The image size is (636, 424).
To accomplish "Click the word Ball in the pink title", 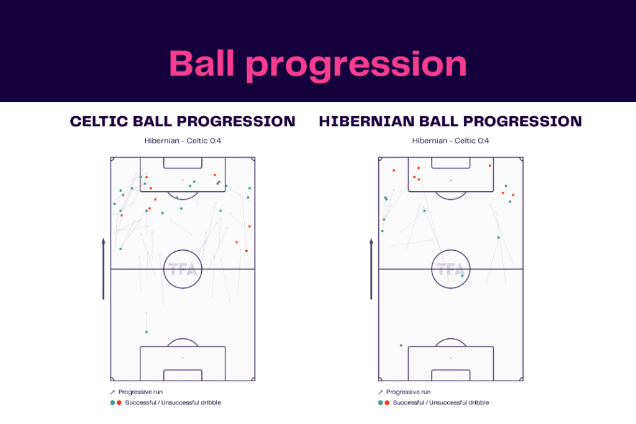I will click(201, 63).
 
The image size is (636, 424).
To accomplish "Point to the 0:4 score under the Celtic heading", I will click(215, 141).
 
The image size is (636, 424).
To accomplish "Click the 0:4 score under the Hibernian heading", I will click(483, 141).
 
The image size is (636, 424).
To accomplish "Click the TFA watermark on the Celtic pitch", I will click(183, 270).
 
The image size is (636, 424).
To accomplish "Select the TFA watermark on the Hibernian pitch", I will click(450, 270).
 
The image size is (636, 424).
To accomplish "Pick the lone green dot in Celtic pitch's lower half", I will click(147, 332).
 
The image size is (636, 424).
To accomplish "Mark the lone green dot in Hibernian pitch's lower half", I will click(401, 345).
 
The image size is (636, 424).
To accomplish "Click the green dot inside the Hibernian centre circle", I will click(462, 276).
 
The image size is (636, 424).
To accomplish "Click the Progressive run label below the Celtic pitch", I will click(135, 392).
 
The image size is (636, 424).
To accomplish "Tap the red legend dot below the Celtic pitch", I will click(119, 403).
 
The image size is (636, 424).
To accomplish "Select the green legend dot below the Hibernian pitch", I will click(380, 403).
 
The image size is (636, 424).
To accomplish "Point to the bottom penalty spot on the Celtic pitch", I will click(183, 358).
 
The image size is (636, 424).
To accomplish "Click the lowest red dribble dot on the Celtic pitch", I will click(247, 251).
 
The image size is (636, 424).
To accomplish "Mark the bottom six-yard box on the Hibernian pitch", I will click(450, 375).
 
